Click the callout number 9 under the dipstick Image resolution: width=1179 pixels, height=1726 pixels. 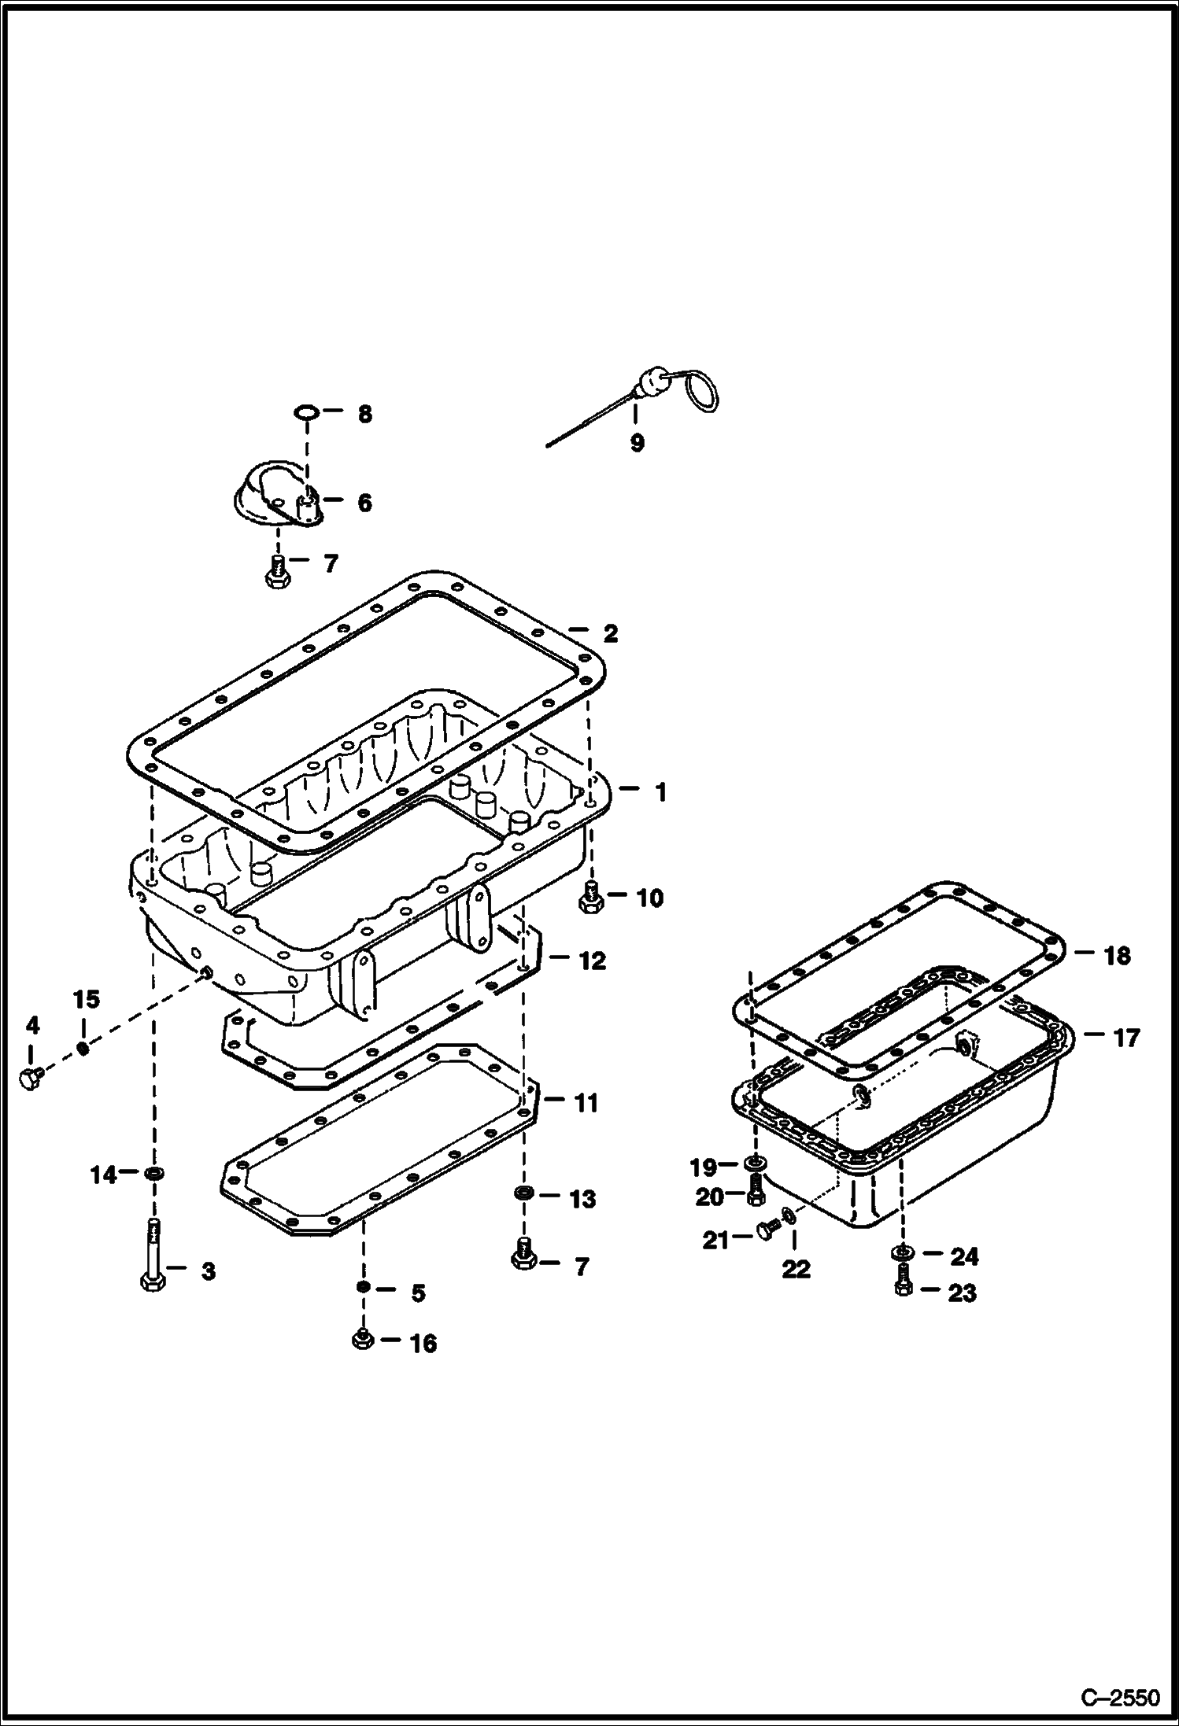coord(637,443)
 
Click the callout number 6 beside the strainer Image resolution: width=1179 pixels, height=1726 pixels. coord(364,503)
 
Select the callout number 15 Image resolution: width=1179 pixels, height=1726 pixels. coord(87,999)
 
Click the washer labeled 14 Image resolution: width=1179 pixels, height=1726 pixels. coord(154,1175)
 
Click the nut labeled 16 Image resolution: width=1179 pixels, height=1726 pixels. coord(363,1337)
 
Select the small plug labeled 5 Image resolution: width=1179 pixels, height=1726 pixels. coord(364,1287)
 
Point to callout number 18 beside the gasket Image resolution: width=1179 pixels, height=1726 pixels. coord(1118,956)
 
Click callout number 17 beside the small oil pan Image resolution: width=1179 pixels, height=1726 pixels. coord(1127,1038)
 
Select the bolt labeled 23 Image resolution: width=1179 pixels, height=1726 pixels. coord(903,1286)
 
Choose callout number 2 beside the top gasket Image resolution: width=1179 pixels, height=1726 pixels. coord(611,633)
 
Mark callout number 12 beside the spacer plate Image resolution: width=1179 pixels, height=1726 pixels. coord(592,961)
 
